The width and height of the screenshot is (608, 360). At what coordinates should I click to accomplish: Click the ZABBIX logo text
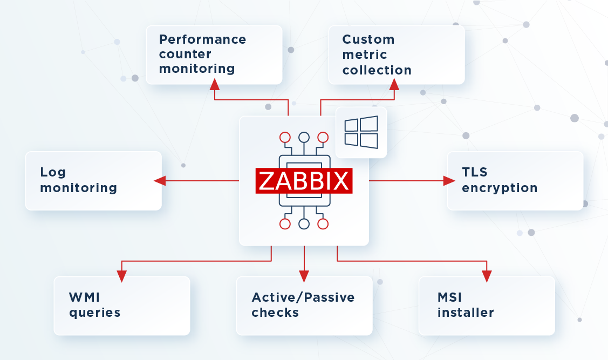304,181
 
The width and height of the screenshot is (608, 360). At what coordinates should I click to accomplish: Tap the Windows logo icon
361,132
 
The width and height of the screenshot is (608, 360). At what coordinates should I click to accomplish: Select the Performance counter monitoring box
214,55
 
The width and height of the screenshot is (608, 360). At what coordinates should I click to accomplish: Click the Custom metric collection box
397,55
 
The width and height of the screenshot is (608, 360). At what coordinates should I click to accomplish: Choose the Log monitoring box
93,180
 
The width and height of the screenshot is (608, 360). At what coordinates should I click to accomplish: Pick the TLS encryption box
515,180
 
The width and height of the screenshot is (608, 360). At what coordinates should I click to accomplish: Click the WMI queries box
122,305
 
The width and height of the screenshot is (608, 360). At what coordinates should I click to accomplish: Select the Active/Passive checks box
304,305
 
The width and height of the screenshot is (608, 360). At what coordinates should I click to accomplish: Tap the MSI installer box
487,305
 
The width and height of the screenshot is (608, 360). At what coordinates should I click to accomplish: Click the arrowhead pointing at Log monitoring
160,181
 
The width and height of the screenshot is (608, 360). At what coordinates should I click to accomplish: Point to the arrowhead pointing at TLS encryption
449,181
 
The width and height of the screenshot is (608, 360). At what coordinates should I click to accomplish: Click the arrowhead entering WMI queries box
122,276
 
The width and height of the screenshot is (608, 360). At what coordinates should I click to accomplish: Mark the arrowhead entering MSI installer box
487,276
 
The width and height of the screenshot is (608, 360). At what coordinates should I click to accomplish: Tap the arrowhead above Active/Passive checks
304,276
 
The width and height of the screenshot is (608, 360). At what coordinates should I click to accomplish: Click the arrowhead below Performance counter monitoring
215,84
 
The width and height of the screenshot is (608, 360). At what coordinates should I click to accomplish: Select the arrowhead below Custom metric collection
394,84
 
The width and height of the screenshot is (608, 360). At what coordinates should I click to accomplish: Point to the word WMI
85,297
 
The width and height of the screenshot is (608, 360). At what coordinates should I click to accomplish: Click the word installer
466,313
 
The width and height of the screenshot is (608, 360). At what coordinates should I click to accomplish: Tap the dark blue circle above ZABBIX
304,137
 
